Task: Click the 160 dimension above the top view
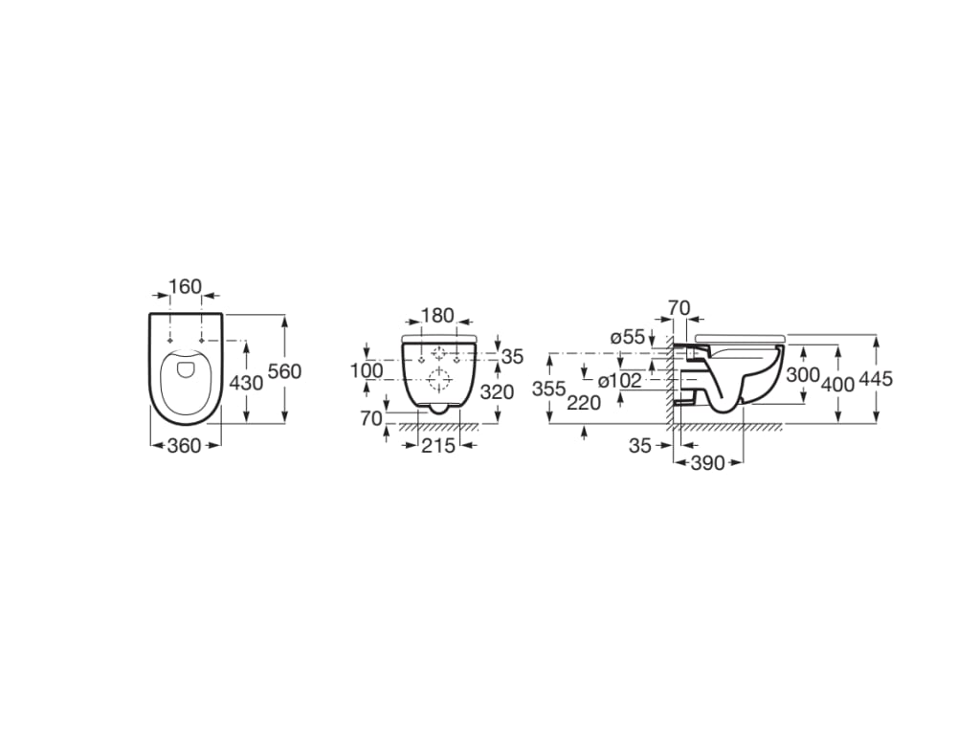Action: [x=186, y=286]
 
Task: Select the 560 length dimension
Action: [x=284, y=371]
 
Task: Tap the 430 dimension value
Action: [x=246, y=382]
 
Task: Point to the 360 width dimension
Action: [x=186, y=446]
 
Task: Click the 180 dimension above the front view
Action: [x=437, y=316]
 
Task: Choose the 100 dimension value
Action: [x=367, y=370]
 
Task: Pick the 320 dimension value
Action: [x=497, y=391]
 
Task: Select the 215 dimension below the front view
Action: [x=437, y=446]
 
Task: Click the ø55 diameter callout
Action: [x=628, y=337]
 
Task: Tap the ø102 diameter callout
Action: [x=619, y=380]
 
